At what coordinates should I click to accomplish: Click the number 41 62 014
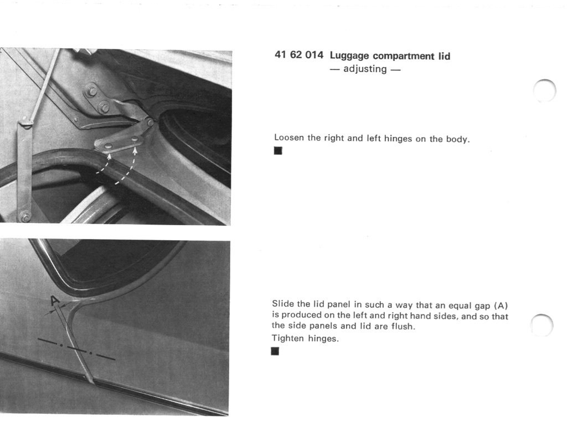pos(298,56)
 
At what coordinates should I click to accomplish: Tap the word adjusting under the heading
pos(365,69)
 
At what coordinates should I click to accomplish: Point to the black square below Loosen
pos(278,151)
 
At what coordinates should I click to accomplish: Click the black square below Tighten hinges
pos(275,351)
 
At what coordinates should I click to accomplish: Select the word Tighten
pos(288,338)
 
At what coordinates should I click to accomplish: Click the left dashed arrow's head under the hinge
pos(109,156)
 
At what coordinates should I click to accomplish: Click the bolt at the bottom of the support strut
pos(24,216)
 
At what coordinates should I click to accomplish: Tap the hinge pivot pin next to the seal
pos(150,122)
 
